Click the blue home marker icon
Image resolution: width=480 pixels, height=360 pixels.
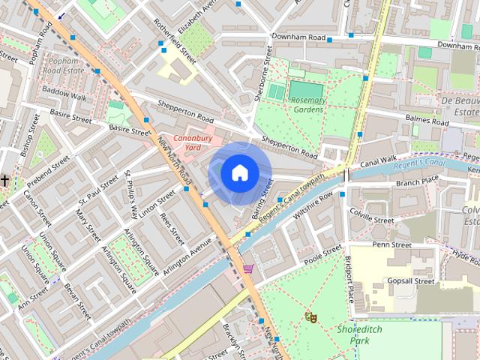(x=239, y=173)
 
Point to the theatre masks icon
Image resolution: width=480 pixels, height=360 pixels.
(x=311, y=318)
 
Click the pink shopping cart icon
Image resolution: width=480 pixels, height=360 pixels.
(x=248, y=268)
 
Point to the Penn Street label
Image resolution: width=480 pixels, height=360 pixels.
(x=391, y=244)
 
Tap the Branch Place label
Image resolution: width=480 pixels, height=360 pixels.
(x=417, y=181)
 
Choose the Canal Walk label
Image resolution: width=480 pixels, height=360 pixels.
(x=377, y=160)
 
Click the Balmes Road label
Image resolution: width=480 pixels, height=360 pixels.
(x=426, y=119)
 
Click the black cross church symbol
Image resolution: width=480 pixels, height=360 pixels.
(x=4, y=181)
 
